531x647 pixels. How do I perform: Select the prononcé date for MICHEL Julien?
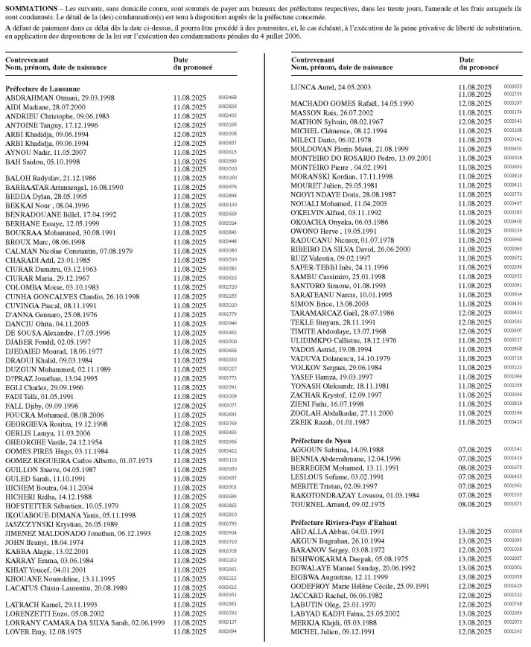point(474,631)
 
